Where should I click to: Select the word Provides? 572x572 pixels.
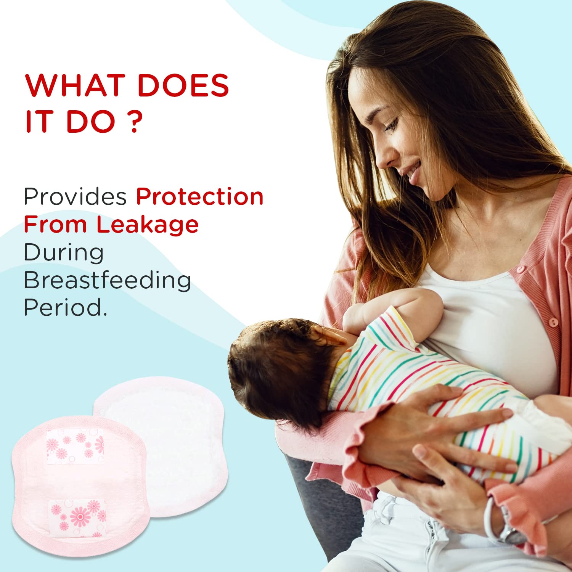pos(75,197)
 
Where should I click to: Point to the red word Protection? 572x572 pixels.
pos(200,197)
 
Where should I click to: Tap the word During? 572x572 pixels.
pos(64,252)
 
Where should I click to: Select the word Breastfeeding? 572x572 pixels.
pos(107,280)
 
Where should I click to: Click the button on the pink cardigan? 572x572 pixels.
pos(553,322)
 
